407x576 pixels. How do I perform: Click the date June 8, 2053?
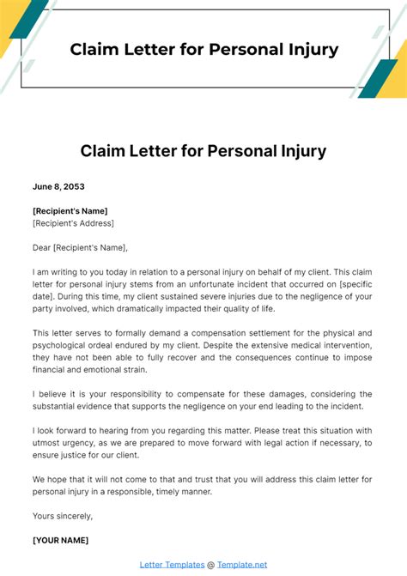58,186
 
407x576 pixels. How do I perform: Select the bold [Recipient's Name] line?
70,211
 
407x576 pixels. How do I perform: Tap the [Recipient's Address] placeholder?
73,223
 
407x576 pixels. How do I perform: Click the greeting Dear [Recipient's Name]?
80,248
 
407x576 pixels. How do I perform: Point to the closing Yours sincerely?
63,516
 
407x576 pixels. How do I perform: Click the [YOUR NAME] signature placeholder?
60,541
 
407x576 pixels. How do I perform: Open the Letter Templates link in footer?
171,565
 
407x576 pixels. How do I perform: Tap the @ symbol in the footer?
210,565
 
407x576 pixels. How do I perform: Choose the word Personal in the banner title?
247,49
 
